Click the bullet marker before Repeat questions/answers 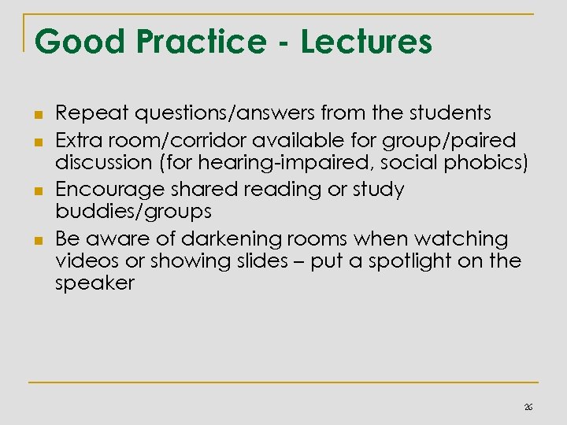point(37,116)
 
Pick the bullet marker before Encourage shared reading point(37,190)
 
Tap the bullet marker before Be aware point(37,238)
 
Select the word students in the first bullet point(451,115)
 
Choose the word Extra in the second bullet point(79,140)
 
